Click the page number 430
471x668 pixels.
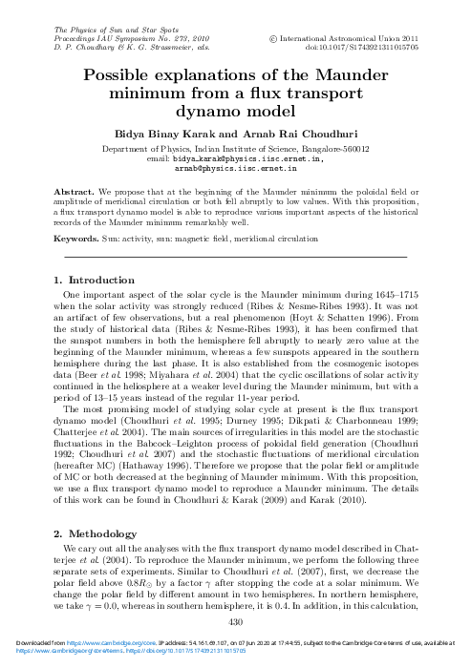pyautogui.click(x=235, y=621)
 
